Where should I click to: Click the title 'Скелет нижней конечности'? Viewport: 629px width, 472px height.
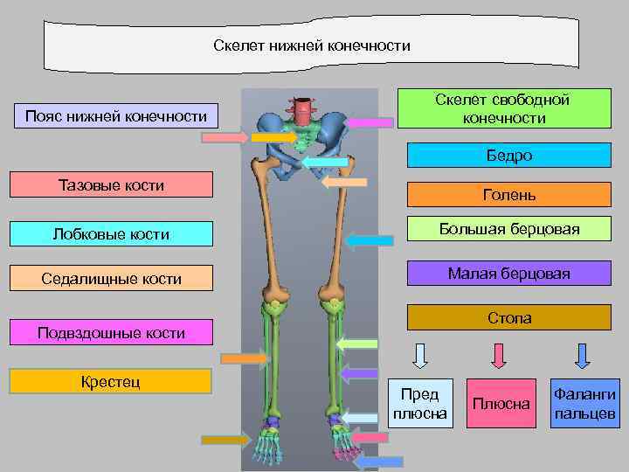click(311, 45)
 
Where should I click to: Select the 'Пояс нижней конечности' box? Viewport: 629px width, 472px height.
click(116, 116)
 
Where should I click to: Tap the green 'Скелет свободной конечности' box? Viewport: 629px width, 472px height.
click(503, 109)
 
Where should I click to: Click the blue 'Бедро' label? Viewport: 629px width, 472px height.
click(509, 156)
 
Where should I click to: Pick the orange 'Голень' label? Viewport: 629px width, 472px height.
click(509, 195)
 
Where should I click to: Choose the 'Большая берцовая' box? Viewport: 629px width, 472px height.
click(509, 229)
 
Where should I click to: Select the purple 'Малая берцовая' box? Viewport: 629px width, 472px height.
click(509, 274)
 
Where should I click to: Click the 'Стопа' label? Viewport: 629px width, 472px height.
click(509, 318)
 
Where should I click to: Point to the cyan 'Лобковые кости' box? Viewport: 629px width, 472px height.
click(111, 233)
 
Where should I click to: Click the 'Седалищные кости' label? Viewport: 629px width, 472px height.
click(111, 279)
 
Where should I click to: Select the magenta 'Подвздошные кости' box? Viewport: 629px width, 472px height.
click(111, 333)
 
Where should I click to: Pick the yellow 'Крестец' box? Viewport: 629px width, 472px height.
click(111, 381)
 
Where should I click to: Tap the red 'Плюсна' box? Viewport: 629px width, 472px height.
click(501, 403)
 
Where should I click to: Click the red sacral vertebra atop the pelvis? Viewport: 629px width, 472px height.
click(303, 111)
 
